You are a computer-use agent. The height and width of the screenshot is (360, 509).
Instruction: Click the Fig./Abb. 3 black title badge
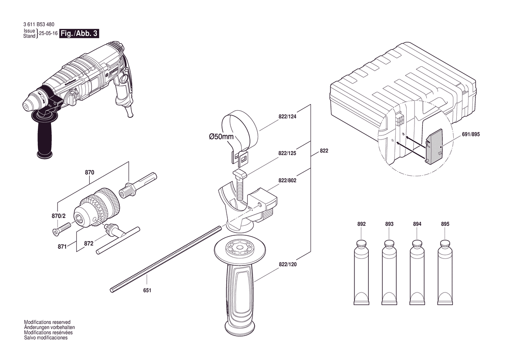pyautogui.click(x=79, y=34)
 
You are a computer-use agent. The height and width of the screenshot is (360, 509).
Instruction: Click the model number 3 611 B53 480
pyautogui.click(x=39, y=24)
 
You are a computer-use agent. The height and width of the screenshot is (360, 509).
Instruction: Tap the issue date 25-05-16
pyautogui.click(x=48, y=33)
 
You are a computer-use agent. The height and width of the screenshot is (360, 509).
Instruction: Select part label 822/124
pyautogui.click(x=287, y=117)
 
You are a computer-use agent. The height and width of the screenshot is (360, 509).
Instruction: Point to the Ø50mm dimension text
pyautogui.click(x=221, y=136)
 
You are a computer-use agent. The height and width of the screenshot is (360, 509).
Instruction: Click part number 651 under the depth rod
pyautogui.click(x=147, y=290)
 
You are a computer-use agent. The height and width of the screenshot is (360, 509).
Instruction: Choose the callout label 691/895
pyautogui.click(x=470, y=135)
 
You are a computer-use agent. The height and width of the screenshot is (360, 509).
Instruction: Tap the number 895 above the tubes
pyautogui.click(x=445, y=224)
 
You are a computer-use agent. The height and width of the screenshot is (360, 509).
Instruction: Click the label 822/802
pyautogui.click(x=287, y=180)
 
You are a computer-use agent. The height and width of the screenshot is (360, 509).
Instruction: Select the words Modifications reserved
pyautogui.click(x=47, y=323)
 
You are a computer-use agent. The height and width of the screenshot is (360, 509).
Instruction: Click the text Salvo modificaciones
pyautogui.click(x=46, y=338)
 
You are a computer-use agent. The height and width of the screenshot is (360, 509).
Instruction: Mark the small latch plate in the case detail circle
pyautogui.click(x=434, y=146)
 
